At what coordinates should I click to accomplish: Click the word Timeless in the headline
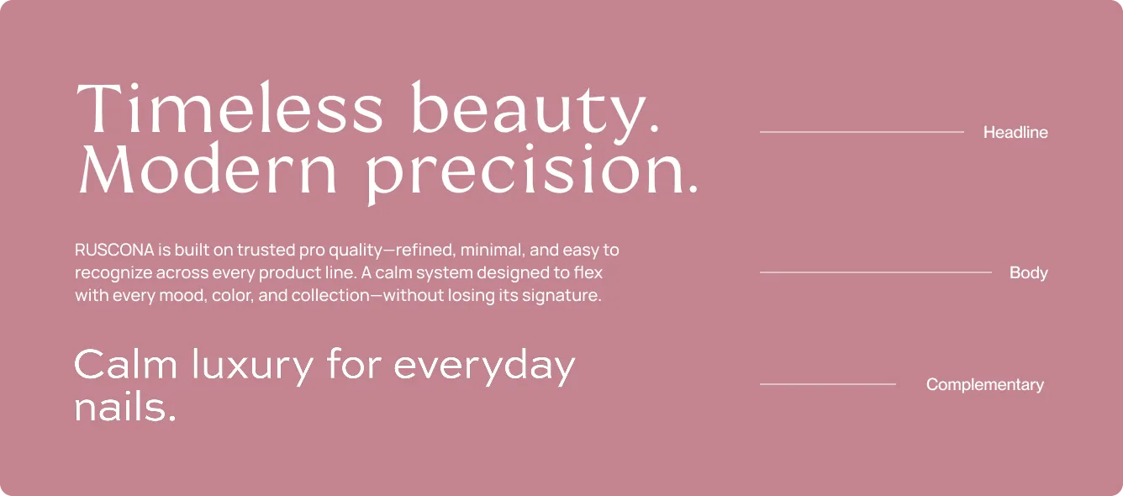(x=229, y=110)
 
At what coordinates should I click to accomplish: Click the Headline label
(x=1015, y=132)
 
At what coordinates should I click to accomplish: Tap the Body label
(x=1028, y=272)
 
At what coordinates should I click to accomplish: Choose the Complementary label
(x=984, y=384)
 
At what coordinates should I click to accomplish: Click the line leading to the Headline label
(x=862, y=132)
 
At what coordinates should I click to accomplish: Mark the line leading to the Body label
(x=875, y=272)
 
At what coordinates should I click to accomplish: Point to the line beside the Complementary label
(x=827, y=384)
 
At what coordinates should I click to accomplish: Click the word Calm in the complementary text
(x=126, y=366)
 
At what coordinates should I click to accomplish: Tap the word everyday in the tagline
(x=484, y=367)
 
